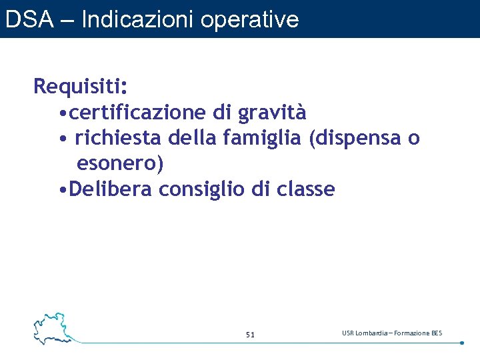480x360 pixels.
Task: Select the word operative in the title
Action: pos(249,19)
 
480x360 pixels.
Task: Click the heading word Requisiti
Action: pos(80,87)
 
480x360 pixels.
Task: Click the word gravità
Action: pos(272,113)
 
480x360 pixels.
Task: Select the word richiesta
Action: pos(119,138)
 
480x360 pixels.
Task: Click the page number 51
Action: pos(250,334)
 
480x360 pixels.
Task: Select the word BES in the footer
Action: pos(437,333)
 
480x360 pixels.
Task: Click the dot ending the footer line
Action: pos(462,343)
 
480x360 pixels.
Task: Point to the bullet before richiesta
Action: pos(61,139)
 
